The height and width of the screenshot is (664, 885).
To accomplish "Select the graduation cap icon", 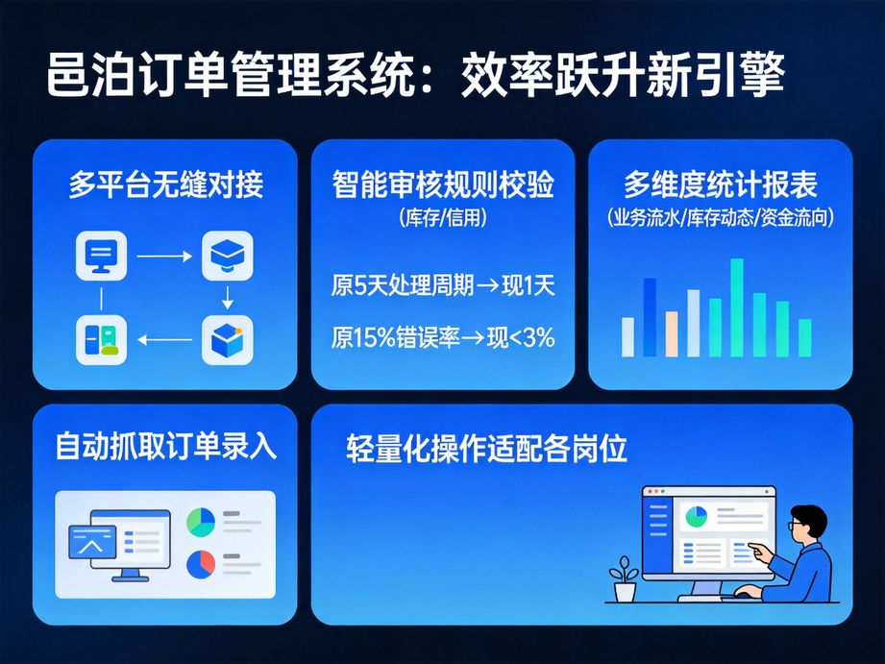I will point(227,256).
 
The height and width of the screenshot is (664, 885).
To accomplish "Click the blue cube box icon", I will point(227,339).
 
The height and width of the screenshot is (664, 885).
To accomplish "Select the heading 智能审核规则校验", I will point(443,184).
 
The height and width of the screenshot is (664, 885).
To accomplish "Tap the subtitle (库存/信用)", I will point(443,217).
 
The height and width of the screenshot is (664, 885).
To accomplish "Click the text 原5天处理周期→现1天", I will point(443,285).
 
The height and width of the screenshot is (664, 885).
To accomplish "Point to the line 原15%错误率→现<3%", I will point(443,338).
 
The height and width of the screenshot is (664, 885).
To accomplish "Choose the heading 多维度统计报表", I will point(720,184).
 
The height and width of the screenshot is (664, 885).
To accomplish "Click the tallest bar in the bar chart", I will point(736,307).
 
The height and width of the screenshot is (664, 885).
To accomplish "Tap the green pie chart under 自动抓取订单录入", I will point(200,522).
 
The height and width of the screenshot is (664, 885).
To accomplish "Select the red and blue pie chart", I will point(200,563).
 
